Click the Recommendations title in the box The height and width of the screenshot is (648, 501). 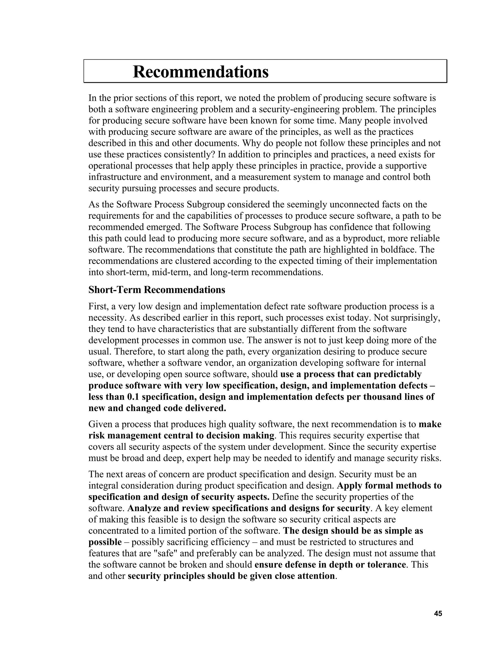(x=201, y=72)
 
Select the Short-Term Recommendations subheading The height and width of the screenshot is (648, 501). (x=157, y=290)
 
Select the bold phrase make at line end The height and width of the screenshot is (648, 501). (x=430, y=424)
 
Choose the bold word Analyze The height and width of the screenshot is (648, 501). (x=144, y=508)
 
